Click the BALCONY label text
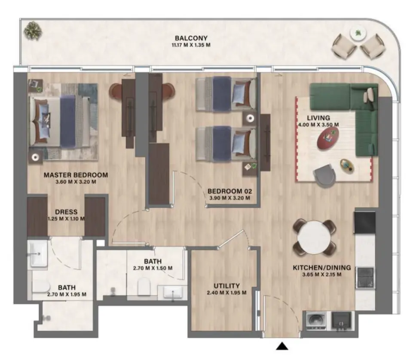point(192,38)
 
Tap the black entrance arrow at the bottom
point(282,346)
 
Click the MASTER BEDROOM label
point(76,175)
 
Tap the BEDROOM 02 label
point(229,191)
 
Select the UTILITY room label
point(226,286)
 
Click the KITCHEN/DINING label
point(321,268)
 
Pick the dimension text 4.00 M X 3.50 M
point(318,125)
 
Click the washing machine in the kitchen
point(317,320)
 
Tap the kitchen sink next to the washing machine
point(342,320)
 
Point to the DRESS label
point(66,212)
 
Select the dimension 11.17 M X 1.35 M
point(192,45)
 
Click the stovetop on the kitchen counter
point(365,277)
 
